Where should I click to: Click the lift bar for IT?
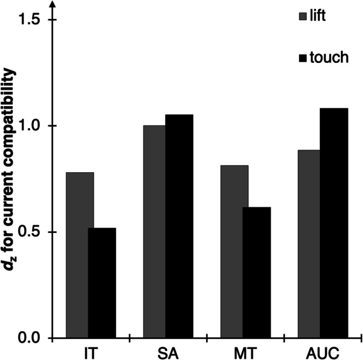80,255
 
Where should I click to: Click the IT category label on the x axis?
91,352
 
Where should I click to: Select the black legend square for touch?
302,57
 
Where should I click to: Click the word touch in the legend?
330,57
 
